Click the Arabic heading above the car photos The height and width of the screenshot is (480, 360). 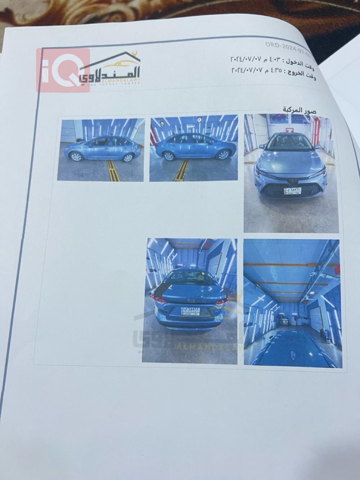tap(299, 110)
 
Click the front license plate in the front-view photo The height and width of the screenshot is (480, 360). tap(292, 191)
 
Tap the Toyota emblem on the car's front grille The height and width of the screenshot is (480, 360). tap(291, 182)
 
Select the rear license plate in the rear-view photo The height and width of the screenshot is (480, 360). tap(190, 311)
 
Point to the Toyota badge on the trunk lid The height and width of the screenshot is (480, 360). tap(191, 300)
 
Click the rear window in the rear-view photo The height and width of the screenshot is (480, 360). tap(190, 278)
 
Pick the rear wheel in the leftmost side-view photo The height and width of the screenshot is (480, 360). tap(127, 157)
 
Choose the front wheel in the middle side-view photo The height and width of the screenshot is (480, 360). tap(223, 155)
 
